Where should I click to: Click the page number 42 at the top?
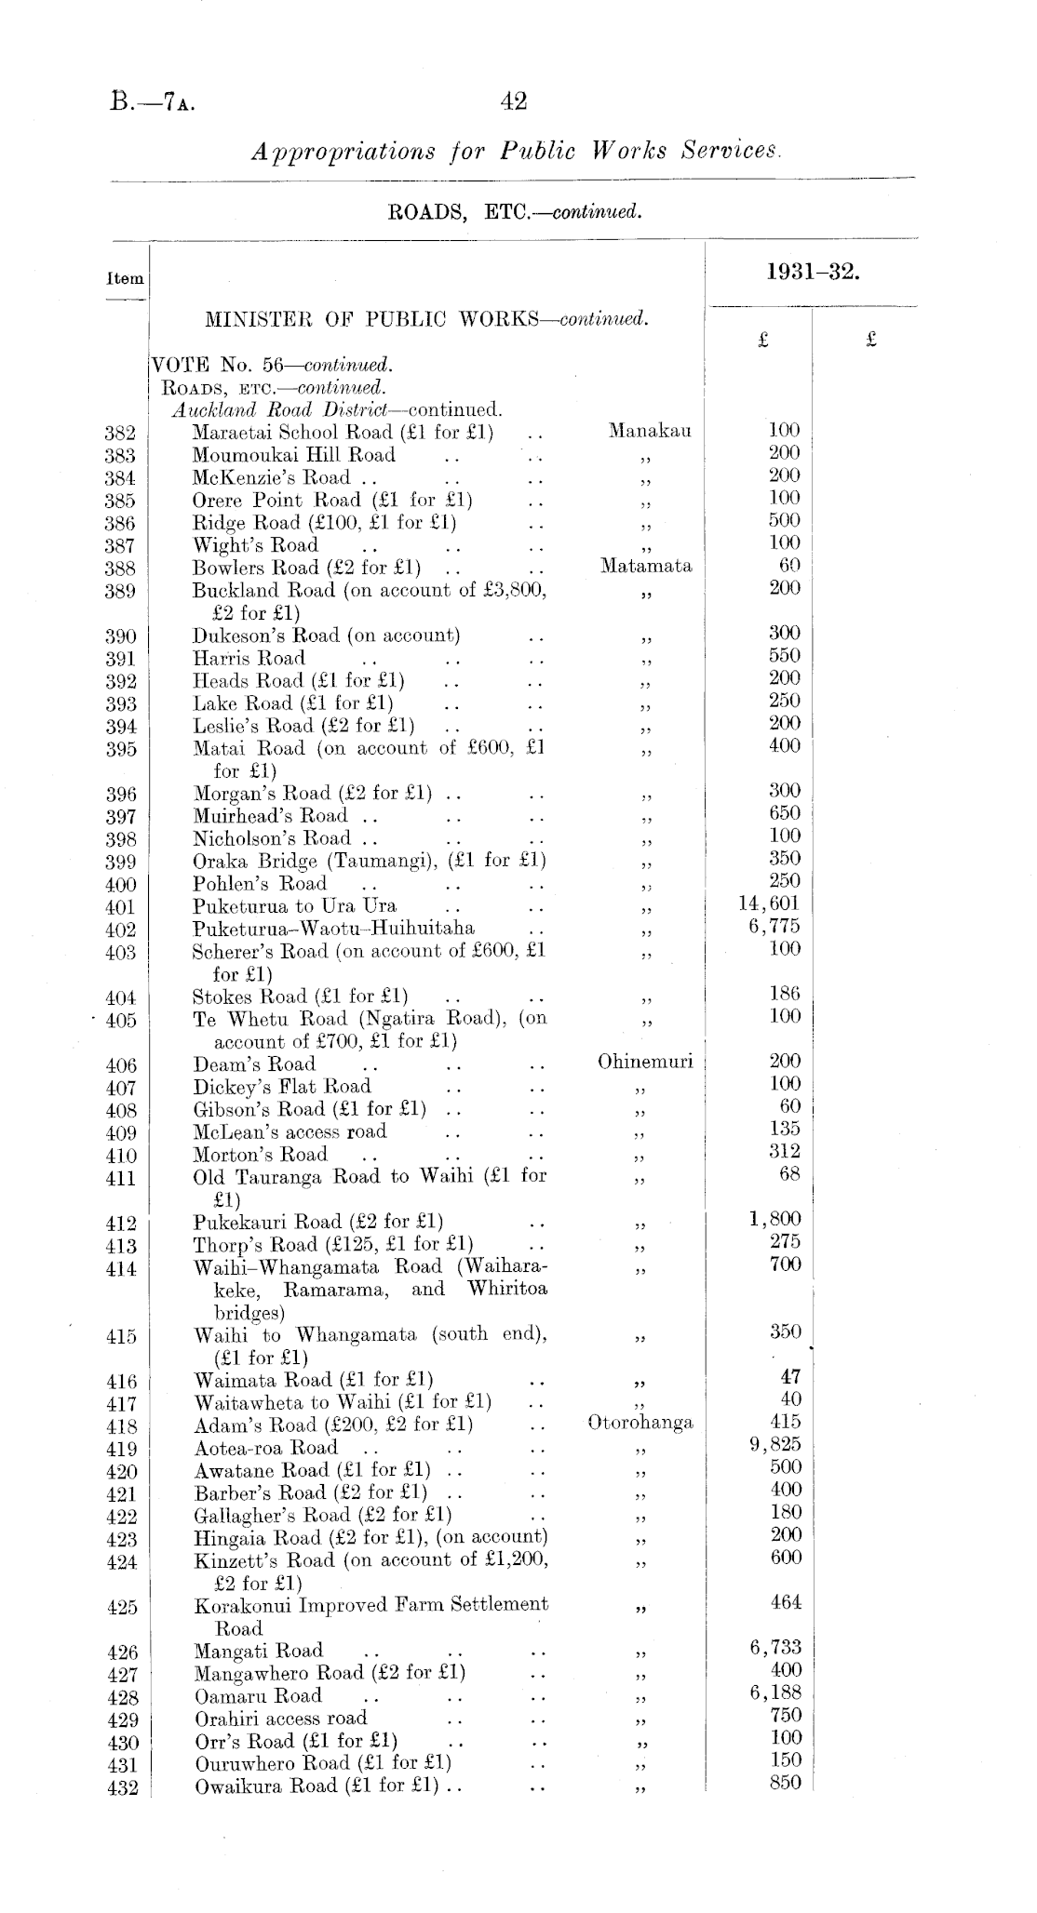(x=514, y=101)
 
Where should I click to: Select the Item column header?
(x=126, y=278)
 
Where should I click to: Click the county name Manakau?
(x=650, y=431)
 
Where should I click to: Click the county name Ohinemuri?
(x=645, y=1063)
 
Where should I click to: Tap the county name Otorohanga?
(x=640, y=1423)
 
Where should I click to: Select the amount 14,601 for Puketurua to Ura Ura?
(x=769, y=903)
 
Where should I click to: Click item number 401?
(x=121, y=907)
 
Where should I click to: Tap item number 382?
(x=121, y=433)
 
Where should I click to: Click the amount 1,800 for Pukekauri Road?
(x=774, y=1220)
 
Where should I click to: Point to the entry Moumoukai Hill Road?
(x=293, y=455)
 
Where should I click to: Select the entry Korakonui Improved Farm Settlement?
(x=370, y=1604)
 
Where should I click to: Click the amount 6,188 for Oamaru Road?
(x=774, y=1692)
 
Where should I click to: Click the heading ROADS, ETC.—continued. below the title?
(x=515, y=212)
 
